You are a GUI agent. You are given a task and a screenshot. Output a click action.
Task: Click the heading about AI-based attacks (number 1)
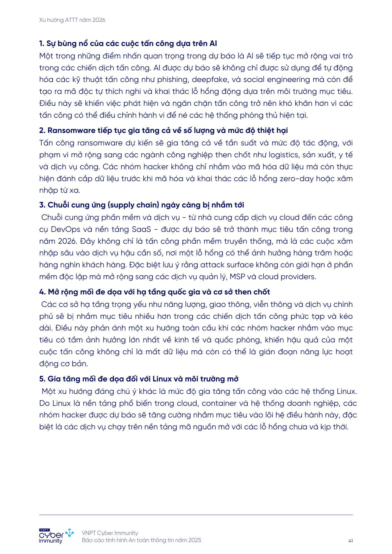(x=128, y=43)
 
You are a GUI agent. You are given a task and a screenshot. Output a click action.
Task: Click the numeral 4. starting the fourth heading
(x=42, y=292)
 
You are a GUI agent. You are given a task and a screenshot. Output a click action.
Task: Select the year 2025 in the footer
(x=195, y=540)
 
